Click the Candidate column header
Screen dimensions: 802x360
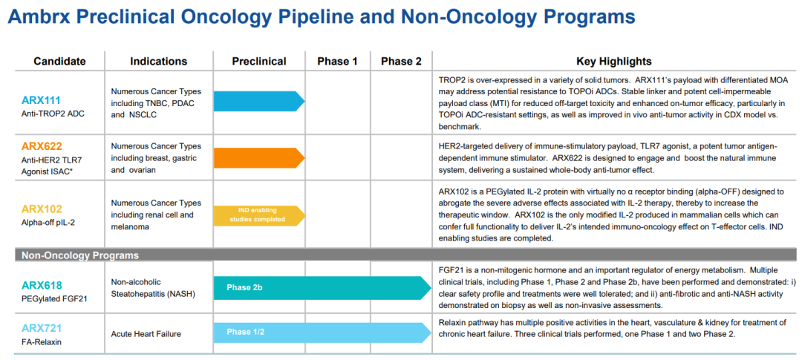59,62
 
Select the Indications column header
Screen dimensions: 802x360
159,62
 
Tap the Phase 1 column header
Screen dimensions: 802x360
338,62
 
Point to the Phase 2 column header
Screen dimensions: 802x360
402,62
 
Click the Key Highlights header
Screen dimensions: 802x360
614,62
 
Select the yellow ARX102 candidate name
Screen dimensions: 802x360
42,209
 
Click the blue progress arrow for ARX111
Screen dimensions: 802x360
259,101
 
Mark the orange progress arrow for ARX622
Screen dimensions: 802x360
259,157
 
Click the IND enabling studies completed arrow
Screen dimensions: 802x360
259,215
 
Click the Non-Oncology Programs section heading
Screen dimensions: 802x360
79,255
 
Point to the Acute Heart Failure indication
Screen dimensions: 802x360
146,334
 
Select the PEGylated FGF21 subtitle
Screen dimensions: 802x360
54,298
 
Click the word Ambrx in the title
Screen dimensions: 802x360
39,17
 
